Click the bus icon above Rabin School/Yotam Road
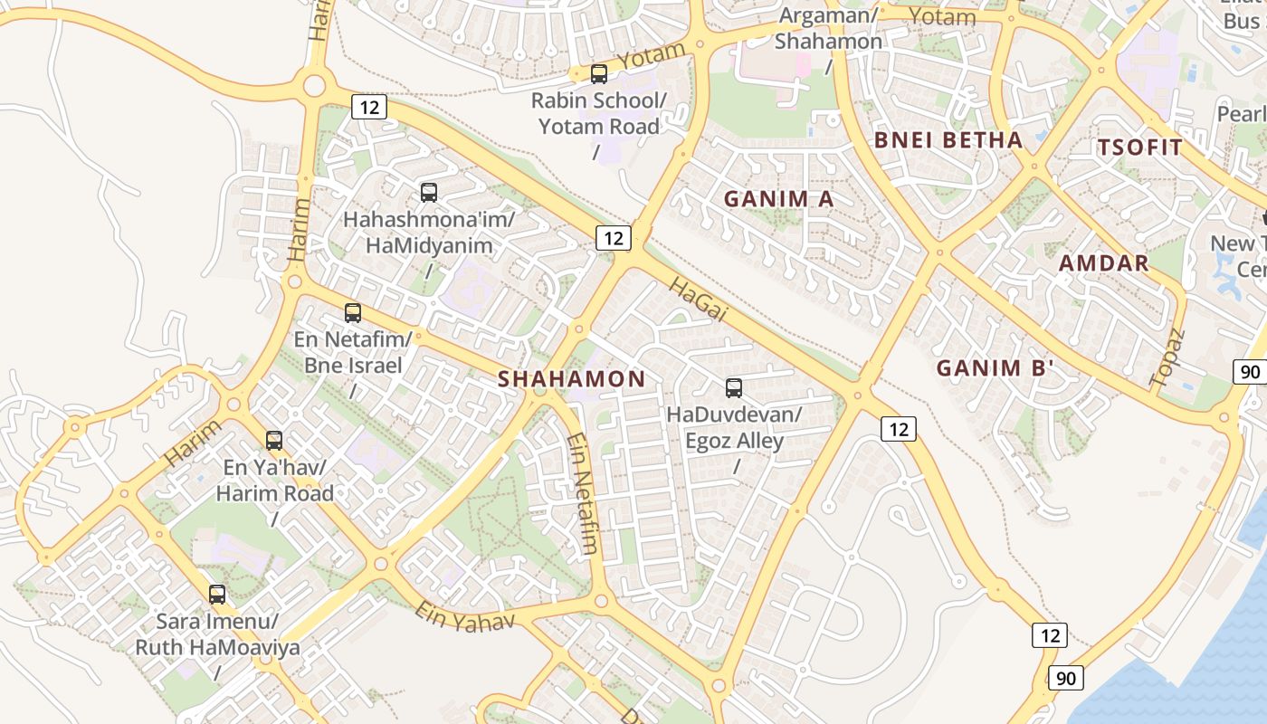(598, 74)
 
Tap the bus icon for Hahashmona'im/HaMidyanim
(429, 193)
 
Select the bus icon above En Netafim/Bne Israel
(353, 313)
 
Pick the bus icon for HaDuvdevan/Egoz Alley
(734, 388)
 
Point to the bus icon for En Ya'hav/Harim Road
(274, 441)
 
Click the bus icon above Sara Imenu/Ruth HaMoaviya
(217, 595)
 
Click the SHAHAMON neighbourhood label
(571, 379)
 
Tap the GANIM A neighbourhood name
(778, 199)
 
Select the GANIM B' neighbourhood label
(995, 368)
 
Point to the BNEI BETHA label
(948, 140)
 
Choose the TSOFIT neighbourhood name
(1139, 148)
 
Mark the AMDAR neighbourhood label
(1103, 263)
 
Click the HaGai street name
(698, 299)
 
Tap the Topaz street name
(1167, 359)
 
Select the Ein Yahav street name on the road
(464, 615)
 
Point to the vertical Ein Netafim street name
(583, 493)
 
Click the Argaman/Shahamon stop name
(828, 29)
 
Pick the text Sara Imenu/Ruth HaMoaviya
(217, 635)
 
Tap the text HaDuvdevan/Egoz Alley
(734, 428)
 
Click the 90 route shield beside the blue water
(1066, 677)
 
